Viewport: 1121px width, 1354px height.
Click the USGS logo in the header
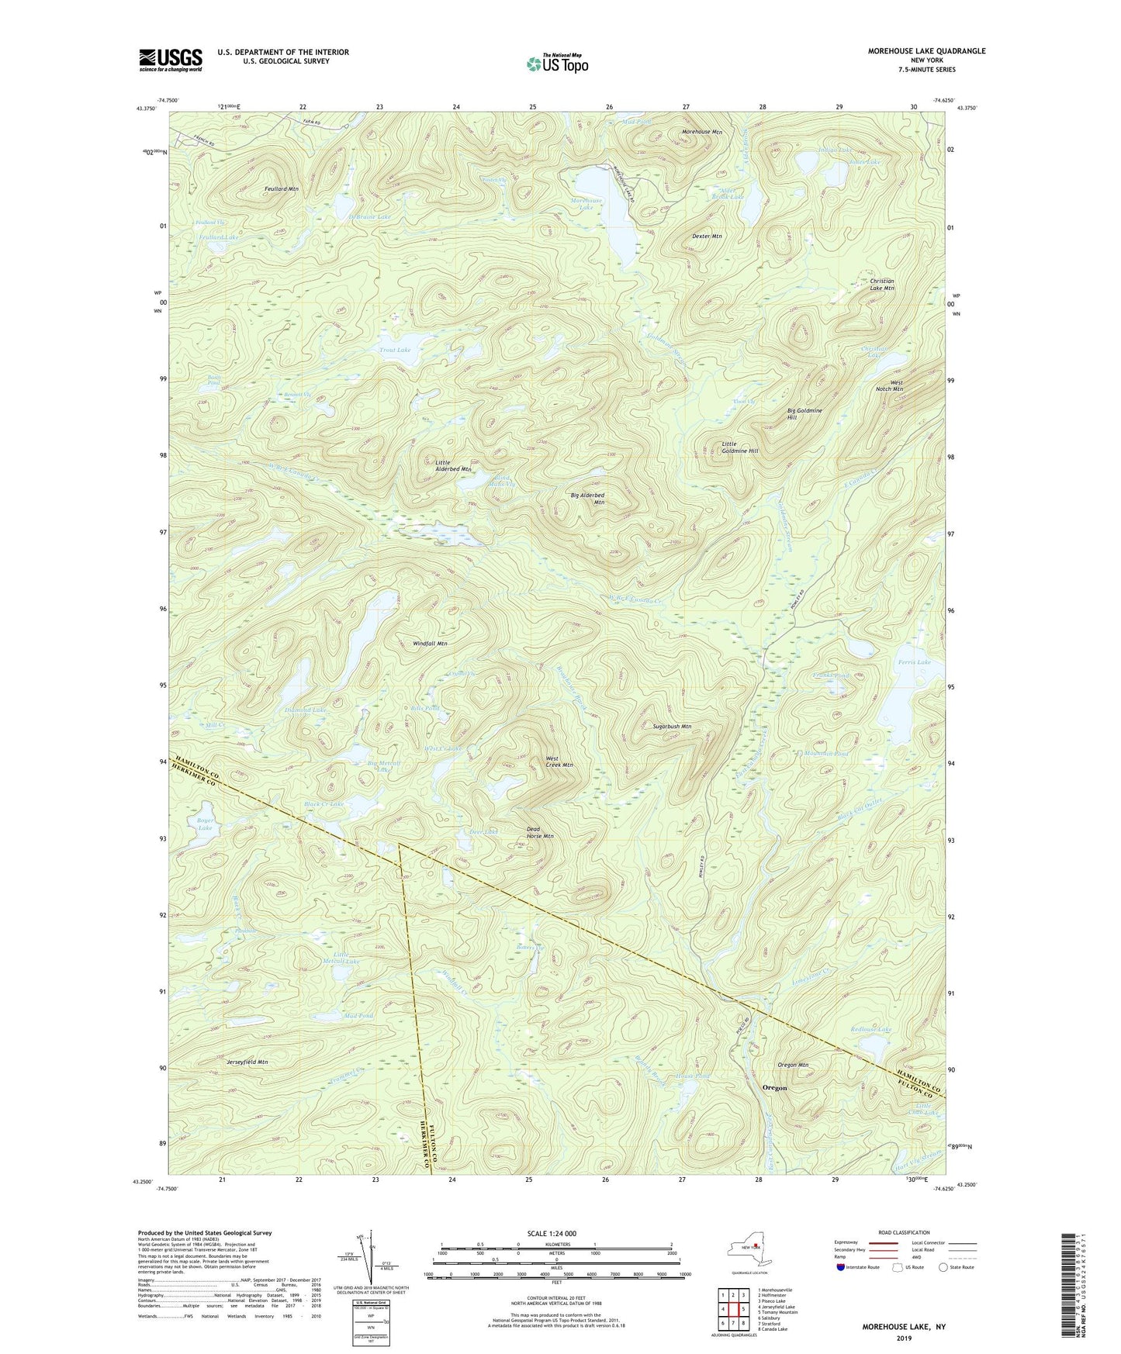click(171, 59)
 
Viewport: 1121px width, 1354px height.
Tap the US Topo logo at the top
click(556, 64)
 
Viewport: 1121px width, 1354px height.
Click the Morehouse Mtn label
click(701, 132)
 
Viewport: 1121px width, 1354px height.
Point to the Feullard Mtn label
click(280, 189)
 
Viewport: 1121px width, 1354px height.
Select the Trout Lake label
click(395, 351)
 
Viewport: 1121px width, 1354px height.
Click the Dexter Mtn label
click(707, 236)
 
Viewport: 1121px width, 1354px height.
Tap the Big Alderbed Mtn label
click(587, 499)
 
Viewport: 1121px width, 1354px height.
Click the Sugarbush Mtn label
click(672, 727)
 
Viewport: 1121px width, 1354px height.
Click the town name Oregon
click(774, 1088)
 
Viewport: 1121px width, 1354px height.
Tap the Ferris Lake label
click(914, 662)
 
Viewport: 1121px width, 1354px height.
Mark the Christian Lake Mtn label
click(882, 285)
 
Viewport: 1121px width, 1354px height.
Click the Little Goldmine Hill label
click(739, 447)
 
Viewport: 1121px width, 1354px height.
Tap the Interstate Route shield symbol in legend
click(841, 1267)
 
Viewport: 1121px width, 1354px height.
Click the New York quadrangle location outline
click(749, 1249)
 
